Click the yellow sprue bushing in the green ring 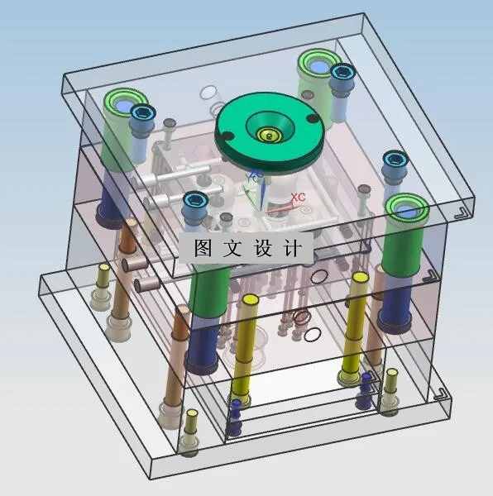tap(267, 134)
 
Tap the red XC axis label tap(298, 198)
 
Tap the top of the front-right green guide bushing tap(406, 207)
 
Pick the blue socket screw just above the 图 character tap(194, 200)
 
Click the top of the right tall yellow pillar tap(358, 278)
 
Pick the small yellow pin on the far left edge tap(103, 270)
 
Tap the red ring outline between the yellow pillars tap(302, 317)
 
